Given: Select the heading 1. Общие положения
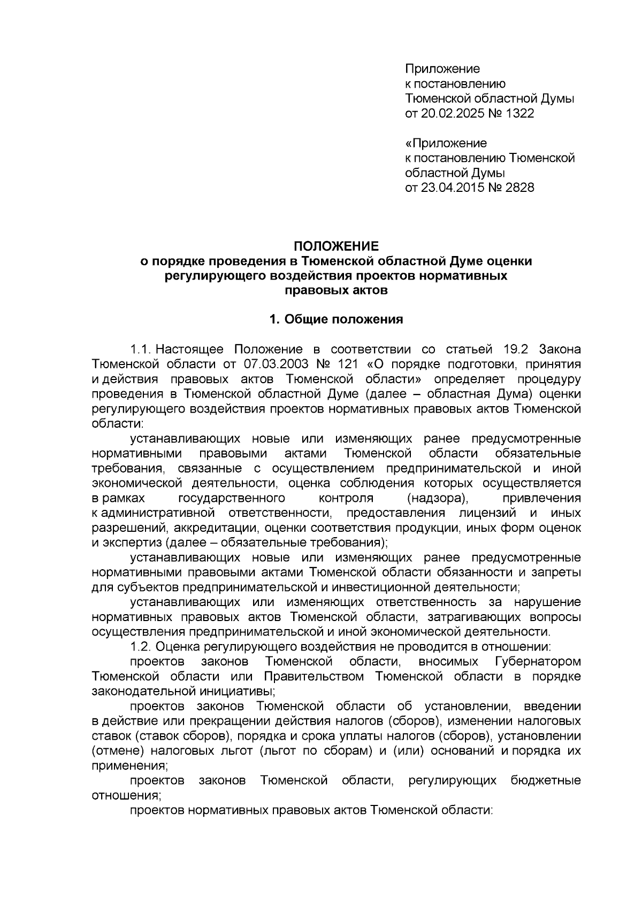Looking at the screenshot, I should (x=335, y=320).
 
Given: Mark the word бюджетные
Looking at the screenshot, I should (x=546, y=781).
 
